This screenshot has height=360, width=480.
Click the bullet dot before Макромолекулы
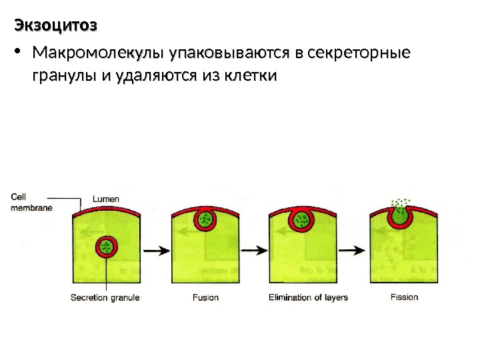(x=18, y=53)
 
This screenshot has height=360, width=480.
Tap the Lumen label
(x=106, y=199)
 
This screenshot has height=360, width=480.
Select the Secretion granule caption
(x=105, y=297)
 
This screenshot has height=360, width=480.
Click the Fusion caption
(x=205, y=297)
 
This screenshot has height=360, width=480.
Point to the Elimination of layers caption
(x=308, y=297)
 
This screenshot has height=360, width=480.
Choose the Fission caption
(x=405, y=297)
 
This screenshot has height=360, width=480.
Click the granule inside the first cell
(x=105, y=247)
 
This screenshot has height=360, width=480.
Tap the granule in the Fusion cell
(x=206, y=219)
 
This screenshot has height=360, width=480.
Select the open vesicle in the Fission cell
(x=401, y=215)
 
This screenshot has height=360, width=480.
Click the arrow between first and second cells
(x=155, y=250)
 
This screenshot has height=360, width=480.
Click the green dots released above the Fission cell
(x=401, y=201)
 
